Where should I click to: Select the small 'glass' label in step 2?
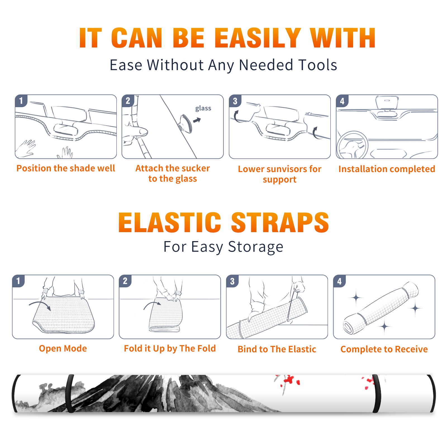coord(203,108)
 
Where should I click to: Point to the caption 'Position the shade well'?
coord(66,168)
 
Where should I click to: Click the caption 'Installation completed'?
coord(387,169)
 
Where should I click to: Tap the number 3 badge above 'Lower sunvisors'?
coord(235,101)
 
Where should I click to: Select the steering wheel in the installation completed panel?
coord(352,145)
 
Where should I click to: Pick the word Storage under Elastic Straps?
coord(256,247)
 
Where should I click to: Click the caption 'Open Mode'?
coord(63,348)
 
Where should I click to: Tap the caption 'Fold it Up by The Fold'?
coord(170,348)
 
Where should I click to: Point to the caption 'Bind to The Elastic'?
coord(277,349)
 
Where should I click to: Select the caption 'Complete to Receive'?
coord(384,349)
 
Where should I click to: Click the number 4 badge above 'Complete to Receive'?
coord(339,281)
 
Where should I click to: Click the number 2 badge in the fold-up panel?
coord(125,281)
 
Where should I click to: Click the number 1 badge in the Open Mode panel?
coord(18,281)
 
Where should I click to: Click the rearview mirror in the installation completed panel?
coord(387,103)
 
